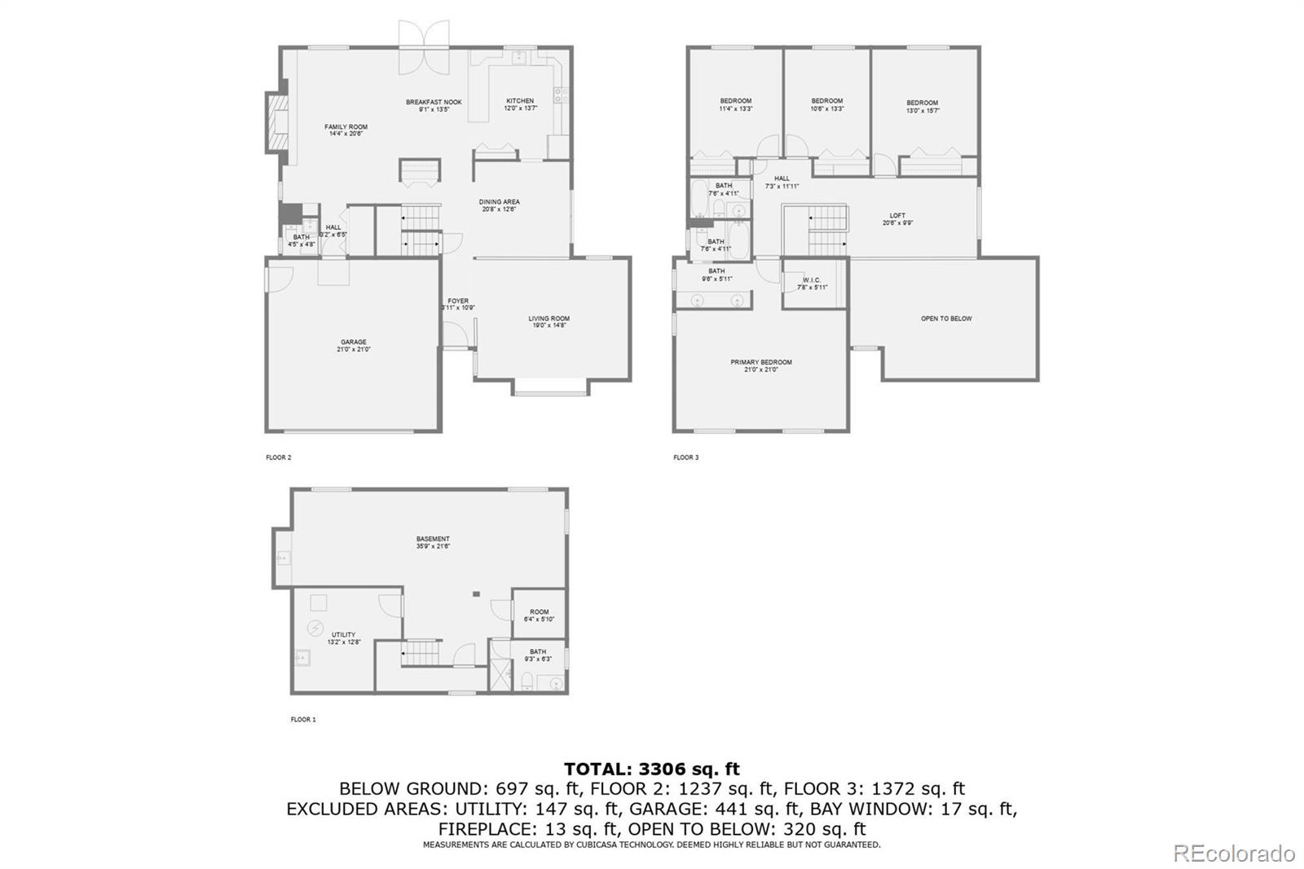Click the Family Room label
(346, 130)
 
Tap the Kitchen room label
(520, 104)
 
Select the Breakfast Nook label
(434, 105)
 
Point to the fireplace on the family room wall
(278, 122)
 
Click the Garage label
(354, 346)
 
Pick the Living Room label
(548, 322)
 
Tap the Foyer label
(458, 304)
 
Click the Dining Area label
(499, 205)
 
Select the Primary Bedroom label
(760, 365)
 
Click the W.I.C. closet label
(812, 284)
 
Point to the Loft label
(897, 218)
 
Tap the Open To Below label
(946, 319)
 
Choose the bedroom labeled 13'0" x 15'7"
(923, 107)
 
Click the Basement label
(433, 542)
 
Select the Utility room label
(343, 638)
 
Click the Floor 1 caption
(303, 720)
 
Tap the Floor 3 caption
(686, 457)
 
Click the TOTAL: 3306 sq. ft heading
(652, 769)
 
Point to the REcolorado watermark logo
(1233, 854)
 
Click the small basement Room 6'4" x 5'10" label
(539, 615)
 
